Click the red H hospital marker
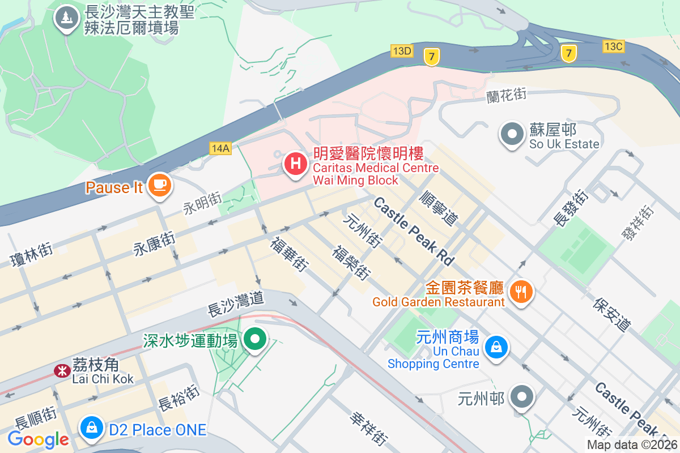click(x=295, y=164)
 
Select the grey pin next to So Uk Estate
click(x=513, y=135)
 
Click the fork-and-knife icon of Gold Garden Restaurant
click(x=520, y=292)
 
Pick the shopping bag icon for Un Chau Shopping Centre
click(x=496, y=347)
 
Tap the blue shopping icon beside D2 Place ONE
click(x=91, y=428)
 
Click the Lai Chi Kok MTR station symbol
click(x=61, y=371)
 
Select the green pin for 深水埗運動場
click(x=255, y=339)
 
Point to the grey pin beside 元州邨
click(x=521, y=398)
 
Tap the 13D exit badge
click(x=401, y=51)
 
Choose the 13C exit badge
click(x=613, y=46)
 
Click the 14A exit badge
click(x=220, y=148)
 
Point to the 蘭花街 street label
click(x=507, y=95)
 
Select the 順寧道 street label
click(x=439, y=207)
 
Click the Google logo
click(x=38, y=439)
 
